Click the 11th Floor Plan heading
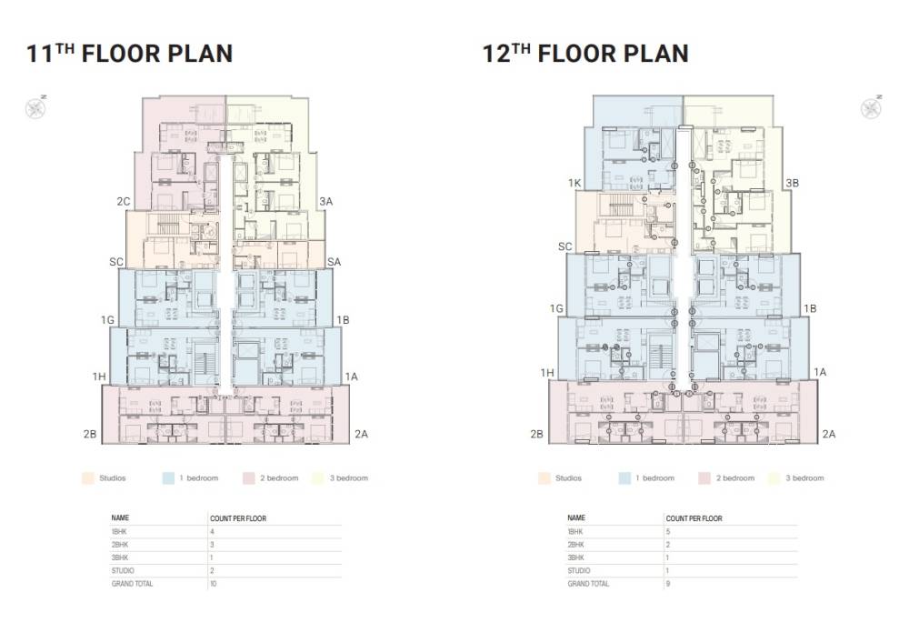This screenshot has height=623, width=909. point(129,54)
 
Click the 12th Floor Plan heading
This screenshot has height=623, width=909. point(584,54)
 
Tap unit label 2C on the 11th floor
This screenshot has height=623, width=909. point(124,201)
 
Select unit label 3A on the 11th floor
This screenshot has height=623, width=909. point(325,201)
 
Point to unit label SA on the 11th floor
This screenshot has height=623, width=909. point(334,262)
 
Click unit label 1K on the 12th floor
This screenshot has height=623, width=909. point(574,183)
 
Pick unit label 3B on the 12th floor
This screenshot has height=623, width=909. point(792,183)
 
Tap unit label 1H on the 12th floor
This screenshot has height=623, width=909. point(547,373)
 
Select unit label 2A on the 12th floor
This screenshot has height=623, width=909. point(828,434)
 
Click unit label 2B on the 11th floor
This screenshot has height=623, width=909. point(89,434)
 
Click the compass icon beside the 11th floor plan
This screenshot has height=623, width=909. point(35,108)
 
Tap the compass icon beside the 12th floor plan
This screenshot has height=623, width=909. point(871,108)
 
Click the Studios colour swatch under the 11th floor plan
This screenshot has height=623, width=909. point(88,477)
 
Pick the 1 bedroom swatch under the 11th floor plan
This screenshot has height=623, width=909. point(167,477)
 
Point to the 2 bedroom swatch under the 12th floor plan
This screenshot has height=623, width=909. point(704,477)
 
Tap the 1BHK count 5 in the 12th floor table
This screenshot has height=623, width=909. point(668,531)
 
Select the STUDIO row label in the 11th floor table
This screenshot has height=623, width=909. point(123,570)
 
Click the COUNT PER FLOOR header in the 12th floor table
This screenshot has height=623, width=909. point(694,518)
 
